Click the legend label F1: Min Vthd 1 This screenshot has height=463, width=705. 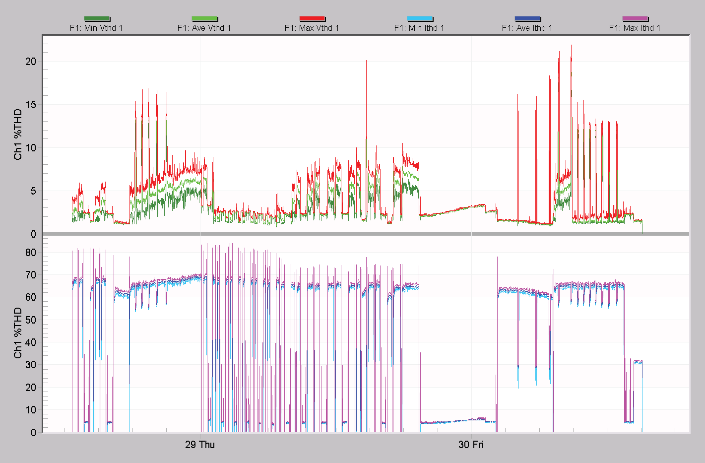coord(96,28)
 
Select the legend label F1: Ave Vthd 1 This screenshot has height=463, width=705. coord(204,28)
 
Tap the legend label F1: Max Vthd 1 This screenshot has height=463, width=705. coord(312,28)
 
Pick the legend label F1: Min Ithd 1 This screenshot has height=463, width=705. coord(419,28)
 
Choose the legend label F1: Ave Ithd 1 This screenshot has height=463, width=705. coord(527,28)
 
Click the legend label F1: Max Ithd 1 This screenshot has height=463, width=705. coord(635,28)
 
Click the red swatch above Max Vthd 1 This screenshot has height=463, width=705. coord(312,19)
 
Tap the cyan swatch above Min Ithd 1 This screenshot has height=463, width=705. coord(420,19)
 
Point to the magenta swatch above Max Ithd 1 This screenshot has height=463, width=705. coord(635,19)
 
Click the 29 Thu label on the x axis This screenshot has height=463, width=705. coord(200,445)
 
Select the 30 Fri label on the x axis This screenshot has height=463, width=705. coord(471,445)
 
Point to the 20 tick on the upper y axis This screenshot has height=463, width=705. coord(31,62)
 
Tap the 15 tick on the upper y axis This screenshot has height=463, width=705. coord(31,105)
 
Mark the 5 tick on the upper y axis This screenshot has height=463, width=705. coord(33,191)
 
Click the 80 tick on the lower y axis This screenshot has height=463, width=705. coord(31,253)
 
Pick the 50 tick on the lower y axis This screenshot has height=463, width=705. coord(31,320)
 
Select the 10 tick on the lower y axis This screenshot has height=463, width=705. coord(31,410)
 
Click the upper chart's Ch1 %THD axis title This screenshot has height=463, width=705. coord(18,134)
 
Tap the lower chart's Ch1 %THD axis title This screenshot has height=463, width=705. coord(18,332)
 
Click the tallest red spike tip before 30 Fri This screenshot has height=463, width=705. coord(366,61)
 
